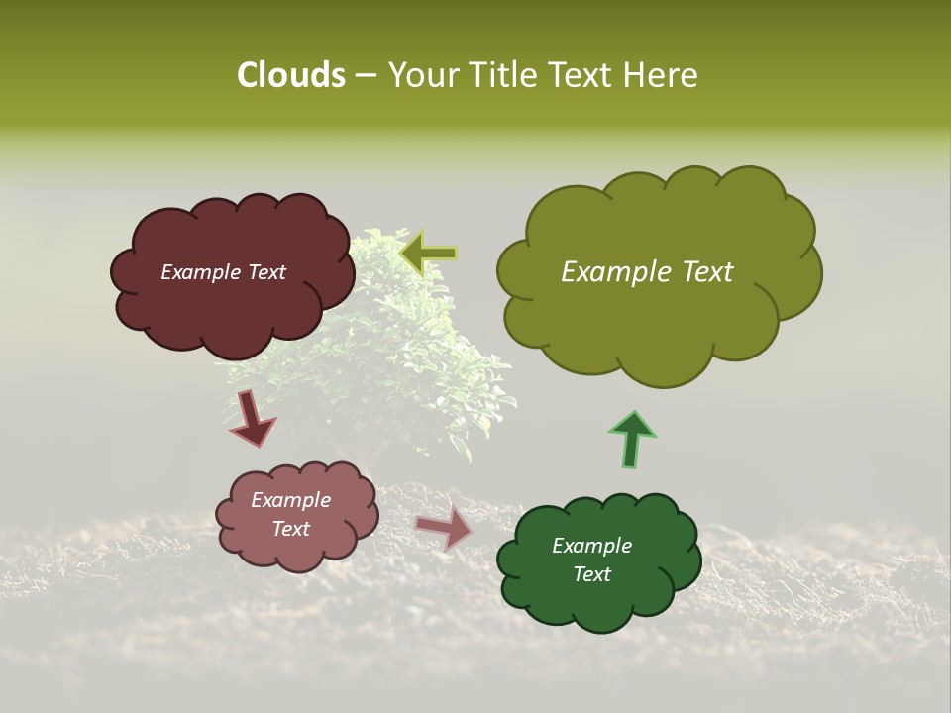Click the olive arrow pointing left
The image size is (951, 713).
pyautogui.click(x=428, y=254)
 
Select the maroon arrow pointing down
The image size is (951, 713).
pyautogui.click(x=252, y=417)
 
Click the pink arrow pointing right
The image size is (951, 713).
pyautogui.click(x=444, y=528)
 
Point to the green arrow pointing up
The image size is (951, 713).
pyautogui.click(x=631, y=438)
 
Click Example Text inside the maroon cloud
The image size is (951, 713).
pyautogui.click(x=223, y=272)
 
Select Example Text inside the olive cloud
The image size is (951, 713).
pyautogui.click(x=647, y=272)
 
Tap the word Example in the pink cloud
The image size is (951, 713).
pyautogui.click(x=290, y=500)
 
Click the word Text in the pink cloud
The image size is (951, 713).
pyautogui.click(x=290, y=529)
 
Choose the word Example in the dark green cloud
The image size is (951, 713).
pyautogui.click(x=591, y=546)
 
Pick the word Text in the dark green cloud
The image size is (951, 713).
pyautogui.click(x=591, y=574)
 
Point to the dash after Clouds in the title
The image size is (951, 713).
pyautogui.click(x=365, y=75)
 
